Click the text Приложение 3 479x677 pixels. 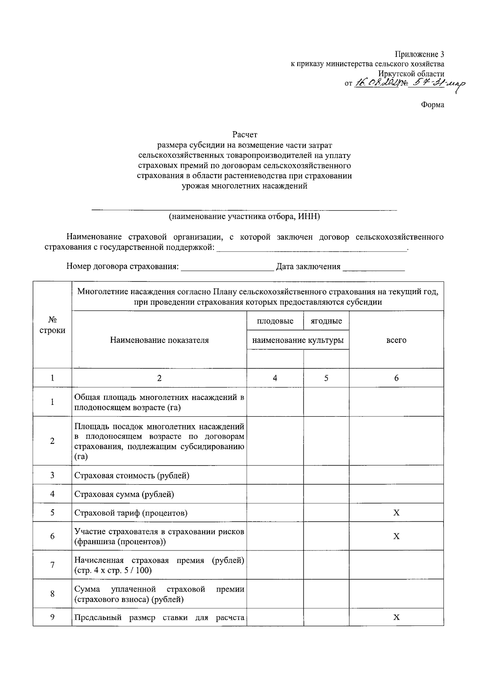pos(419,54)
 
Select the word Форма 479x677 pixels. pos(432,105)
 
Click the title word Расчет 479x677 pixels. pos(245,135)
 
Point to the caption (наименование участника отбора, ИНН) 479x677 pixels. pos(244,217)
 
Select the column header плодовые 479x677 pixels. pos(275,321)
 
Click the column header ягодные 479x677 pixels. pos(326,321)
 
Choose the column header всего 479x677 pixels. pos(396,340)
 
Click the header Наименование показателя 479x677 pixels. pos(159,340)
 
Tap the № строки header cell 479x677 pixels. pos(52,325)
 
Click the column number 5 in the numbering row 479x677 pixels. pos(326,378)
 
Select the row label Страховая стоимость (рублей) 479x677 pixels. pos(132,475)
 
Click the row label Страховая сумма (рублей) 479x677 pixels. pos(124,494)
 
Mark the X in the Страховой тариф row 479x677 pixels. pos(396,513)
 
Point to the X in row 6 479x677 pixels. pos(396,536)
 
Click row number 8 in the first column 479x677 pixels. pos(52,594)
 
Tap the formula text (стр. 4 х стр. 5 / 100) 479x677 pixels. pos(113,570)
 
